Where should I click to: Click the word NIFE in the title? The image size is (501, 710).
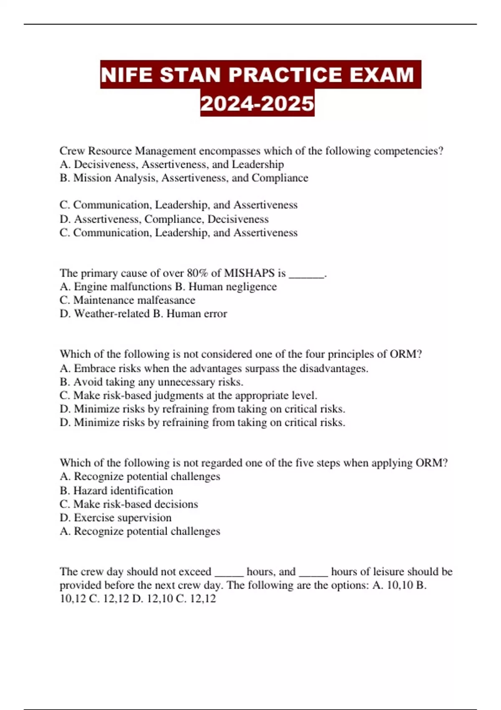[x=126, y=75]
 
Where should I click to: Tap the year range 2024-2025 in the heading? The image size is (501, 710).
[x=257, y=103]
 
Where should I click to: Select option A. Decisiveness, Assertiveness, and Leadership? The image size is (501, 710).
[x=172, y=165]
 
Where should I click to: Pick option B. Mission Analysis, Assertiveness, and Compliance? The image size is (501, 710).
[x=184, y=178]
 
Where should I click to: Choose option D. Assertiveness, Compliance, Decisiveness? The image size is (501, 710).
[x=164, y=219]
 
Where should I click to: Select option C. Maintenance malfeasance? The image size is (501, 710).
[x=127, y=300]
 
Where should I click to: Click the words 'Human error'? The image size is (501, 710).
[x=197, y=314]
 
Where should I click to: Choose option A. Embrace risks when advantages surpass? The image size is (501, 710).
[x=214, y=368]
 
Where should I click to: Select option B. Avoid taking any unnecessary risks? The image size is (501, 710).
[x=151, y=382]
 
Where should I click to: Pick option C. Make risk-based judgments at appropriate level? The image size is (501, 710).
[x=188, y=396]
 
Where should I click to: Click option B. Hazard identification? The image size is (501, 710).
[x=116, y=490]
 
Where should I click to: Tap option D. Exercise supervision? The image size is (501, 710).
[x=116, y=517]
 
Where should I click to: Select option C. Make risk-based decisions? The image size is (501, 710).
[x=129, y=504]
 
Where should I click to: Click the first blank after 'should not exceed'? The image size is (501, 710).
[x=229, y=573]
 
